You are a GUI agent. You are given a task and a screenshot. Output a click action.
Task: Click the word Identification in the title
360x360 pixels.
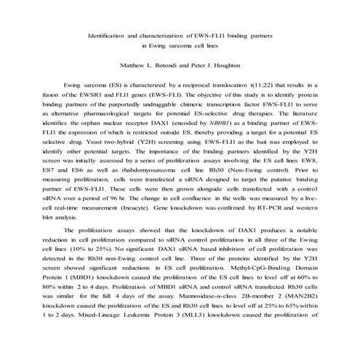coord(107,35)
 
